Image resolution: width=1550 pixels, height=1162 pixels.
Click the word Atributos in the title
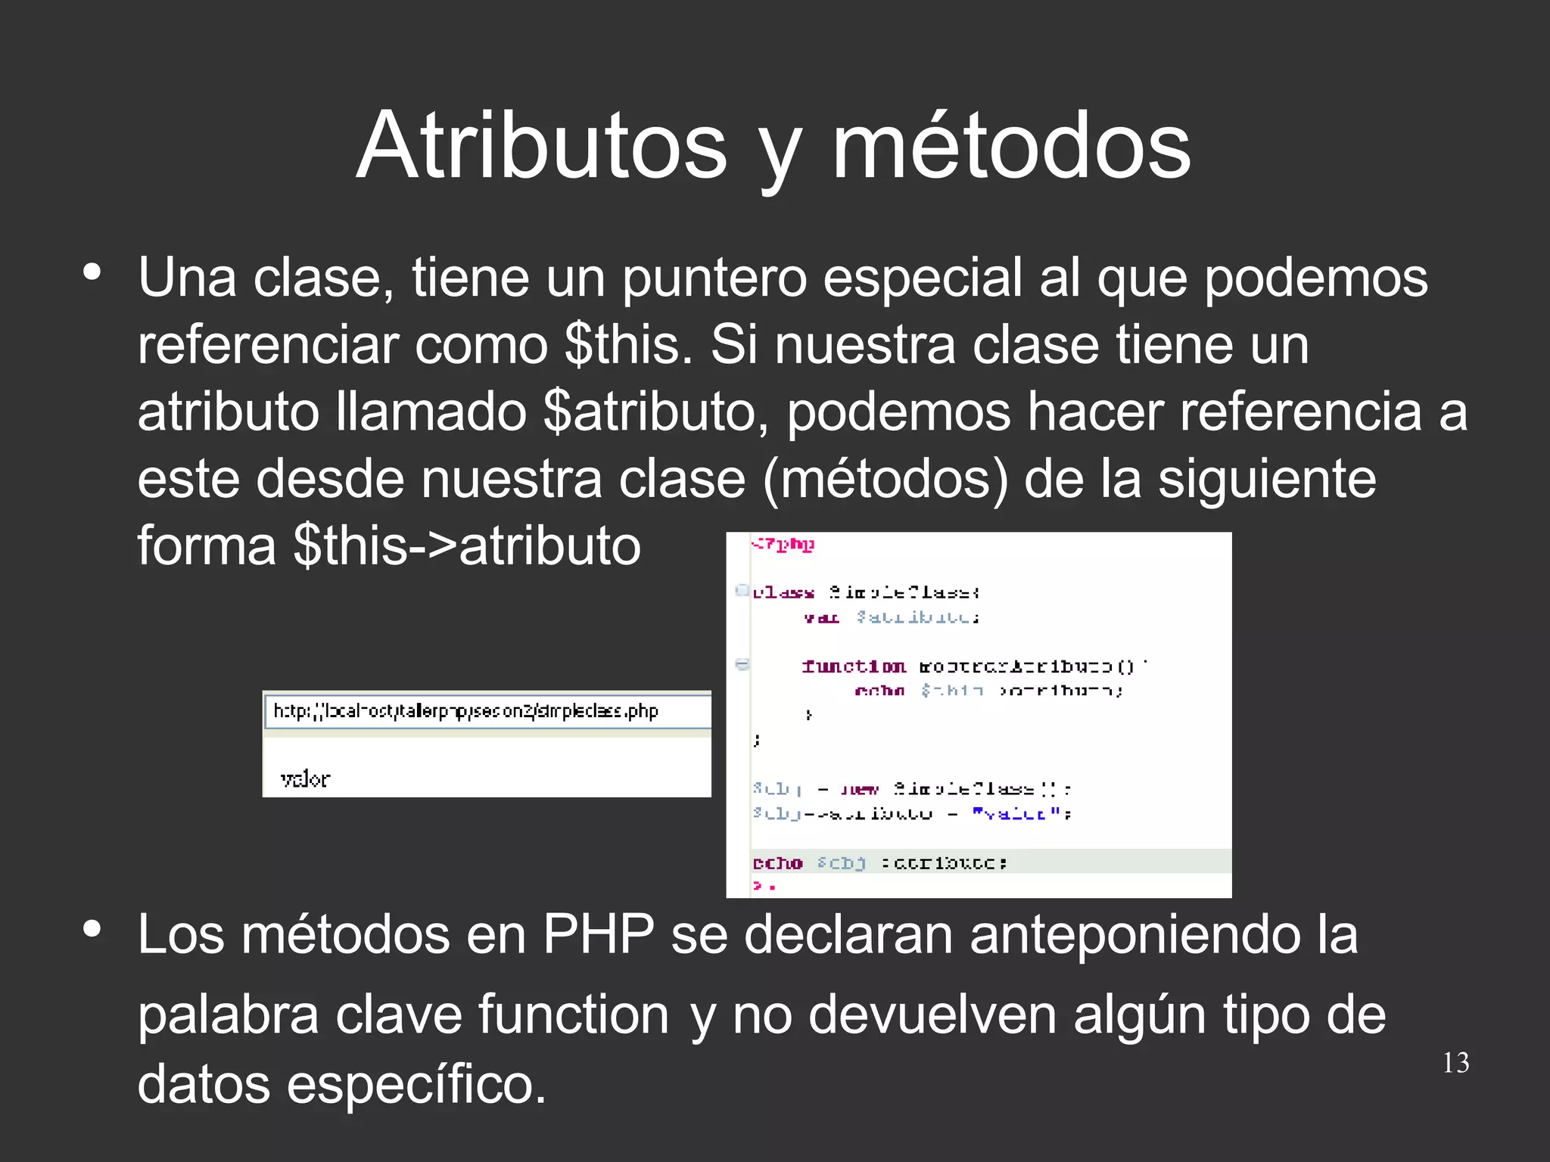click(541, 145)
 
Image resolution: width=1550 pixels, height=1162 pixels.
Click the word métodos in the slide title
click(1011, 145)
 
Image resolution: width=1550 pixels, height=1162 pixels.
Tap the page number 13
click(1455, 1063)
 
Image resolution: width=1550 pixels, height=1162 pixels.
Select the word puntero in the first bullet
click(714, 278)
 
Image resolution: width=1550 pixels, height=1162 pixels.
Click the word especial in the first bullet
click(923, 278)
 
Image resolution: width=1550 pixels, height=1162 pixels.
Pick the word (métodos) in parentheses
click(886, 479)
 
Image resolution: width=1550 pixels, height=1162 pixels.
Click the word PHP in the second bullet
click(598, 935)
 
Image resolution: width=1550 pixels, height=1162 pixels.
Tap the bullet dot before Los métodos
click(92, 929)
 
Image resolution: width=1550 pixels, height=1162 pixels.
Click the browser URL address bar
click(487, 712)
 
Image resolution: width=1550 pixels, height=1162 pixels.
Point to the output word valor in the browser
click(305, 778)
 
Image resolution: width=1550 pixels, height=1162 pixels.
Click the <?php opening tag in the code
click(783, 545)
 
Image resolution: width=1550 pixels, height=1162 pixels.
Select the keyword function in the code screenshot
click(854, 666)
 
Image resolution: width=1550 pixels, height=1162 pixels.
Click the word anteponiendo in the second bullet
click(1164, 935)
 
